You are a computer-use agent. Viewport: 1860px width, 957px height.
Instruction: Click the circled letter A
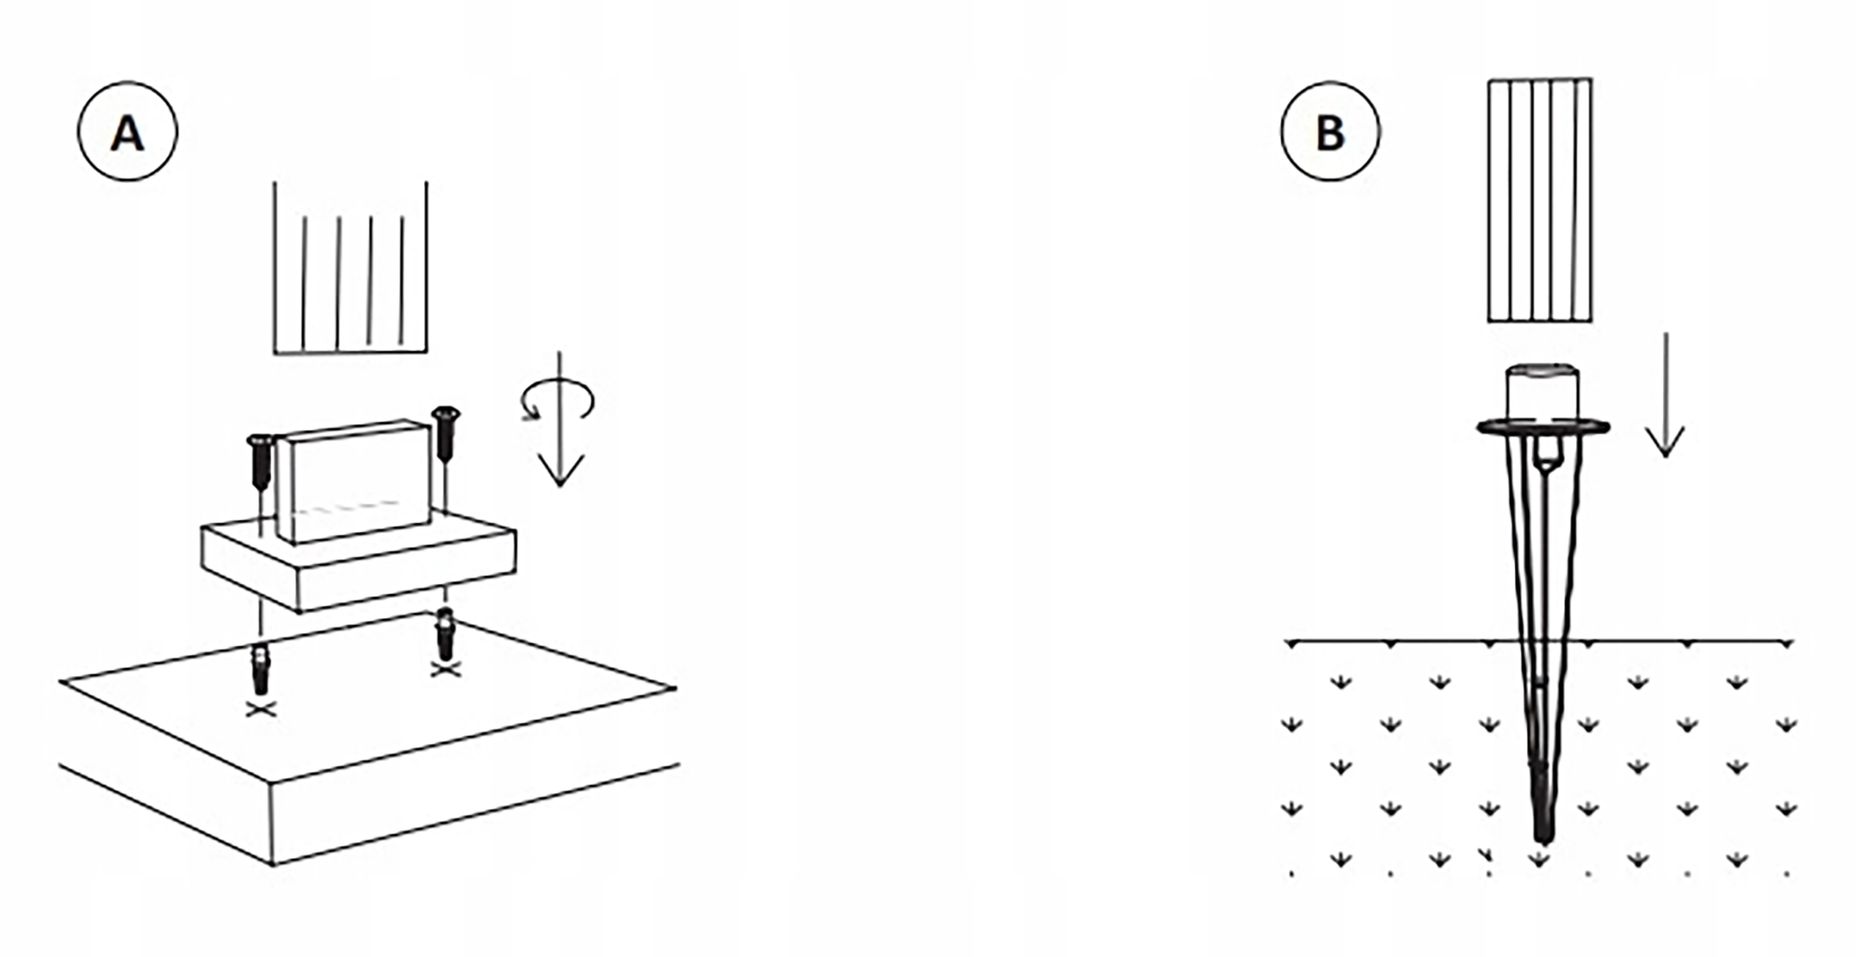coord(127,132)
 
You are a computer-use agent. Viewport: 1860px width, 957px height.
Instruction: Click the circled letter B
coord(1330,132)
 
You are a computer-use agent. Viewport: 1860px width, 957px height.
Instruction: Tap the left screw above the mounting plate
coord(260,463)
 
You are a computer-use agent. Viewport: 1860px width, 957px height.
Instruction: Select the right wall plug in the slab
coord(445,634)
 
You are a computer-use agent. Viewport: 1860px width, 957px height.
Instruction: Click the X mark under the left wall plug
coord(260,709)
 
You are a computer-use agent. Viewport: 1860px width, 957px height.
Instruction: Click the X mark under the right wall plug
coord(445,670)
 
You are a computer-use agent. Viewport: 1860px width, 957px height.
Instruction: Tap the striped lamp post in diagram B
coord(1539,201)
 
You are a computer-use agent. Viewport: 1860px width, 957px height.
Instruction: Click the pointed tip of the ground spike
coord(1543,836)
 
